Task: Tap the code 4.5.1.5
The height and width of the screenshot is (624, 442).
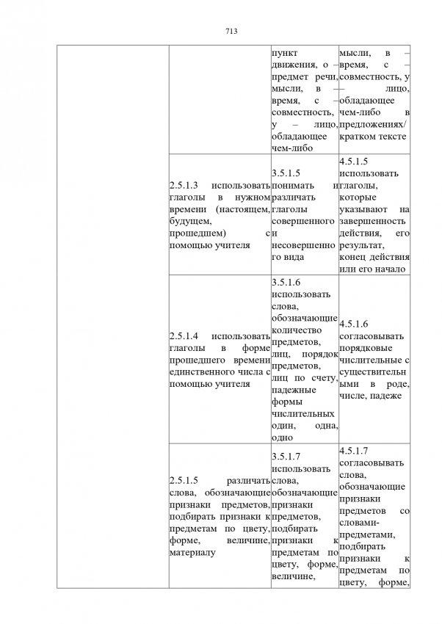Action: (x=356, y=160)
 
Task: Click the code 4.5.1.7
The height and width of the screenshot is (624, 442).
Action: (x=356, y=450)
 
